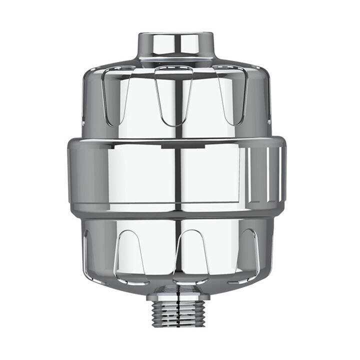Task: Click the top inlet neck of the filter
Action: pyautogui.click(x=175, y=45)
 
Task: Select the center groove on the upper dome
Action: pyautogui.click(x=173, y=95)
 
